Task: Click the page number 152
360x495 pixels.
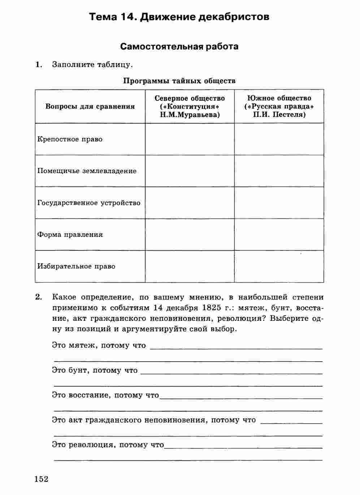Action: click(42, 479)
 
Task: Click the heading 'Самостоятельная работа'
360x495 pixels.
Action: click(179, 47)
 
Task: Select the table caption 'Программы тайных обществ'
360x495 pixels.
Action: click(179, 81)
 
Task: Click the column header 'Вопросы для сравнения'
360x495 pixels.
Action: click(90, 106)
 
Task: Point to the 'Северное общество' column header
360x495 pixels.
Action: click(190, 98)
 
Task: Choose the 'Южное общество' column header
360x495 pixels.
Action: click(279, 98)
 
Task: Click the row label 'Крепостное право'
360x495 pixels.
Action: click(70, 139)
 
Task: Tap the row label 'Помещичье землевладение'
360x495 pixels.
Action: click(87, 171)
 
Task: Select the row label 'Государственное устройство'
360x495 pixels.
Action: click(89, 203)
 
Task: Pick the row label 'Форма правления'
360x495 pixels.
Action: click(70, 234)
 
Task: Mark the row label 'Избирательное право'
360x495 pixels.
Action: click(76, 266)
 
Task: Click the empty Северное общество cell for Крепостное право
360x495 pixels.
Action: click(190, 139)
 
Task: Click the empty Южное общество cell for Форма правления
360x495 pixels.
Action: click(279, 234)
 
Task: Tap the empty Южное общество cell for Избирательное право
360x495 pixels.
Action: click(279, 266)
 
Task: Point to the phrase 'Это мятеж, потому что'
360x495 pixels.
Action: click(99, 345)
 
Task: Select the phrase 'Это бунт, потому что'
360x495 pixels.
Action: click(95, 370)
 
